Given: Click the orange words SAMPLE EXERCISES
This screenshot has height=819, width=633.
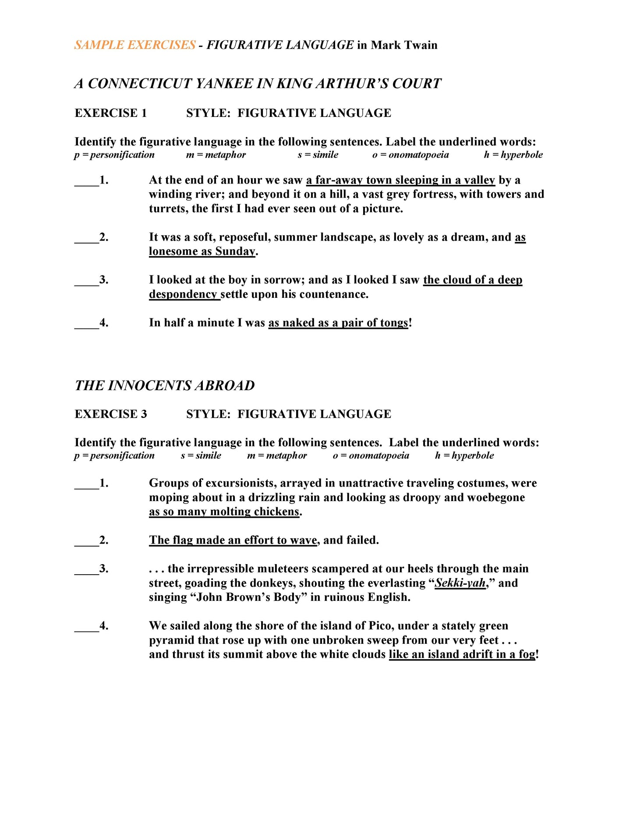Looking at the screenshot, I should coord(135,45).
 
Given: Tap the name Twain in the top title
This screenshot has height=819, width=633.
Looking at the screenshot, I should coord(421,45).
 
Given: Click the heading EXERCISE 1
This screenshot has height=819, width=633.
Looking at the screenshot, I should coord(111,113).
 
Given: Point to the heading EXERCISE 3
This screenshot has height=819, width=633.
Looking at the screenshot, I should coord(111,414).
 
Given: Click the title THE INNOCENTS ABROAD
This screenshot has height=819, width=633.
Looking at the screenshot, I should coord(165,385).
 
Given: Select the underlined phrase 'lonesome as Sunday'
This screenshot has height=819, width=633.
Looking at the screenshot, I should coord(202,251).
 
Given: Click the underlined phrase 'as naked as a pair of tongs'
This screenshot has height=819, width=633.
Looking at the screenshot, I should coord(338,323).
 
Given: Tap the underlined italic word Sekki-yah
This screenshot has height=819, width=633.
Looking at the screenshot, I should coord(460,583).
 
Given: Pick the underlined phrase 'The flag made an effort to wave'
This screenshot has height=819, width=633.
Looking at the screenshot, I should coord(233,540).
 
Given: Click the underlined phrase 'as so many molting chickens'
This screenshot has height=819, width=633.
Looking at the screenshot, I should coord(224,512).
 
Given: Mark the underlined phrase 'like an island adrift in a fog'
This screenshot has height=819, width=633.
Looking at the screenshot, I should coord(462,654).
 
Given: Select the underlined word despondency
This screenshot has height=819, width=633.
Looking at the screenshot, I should coord(183,294).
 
